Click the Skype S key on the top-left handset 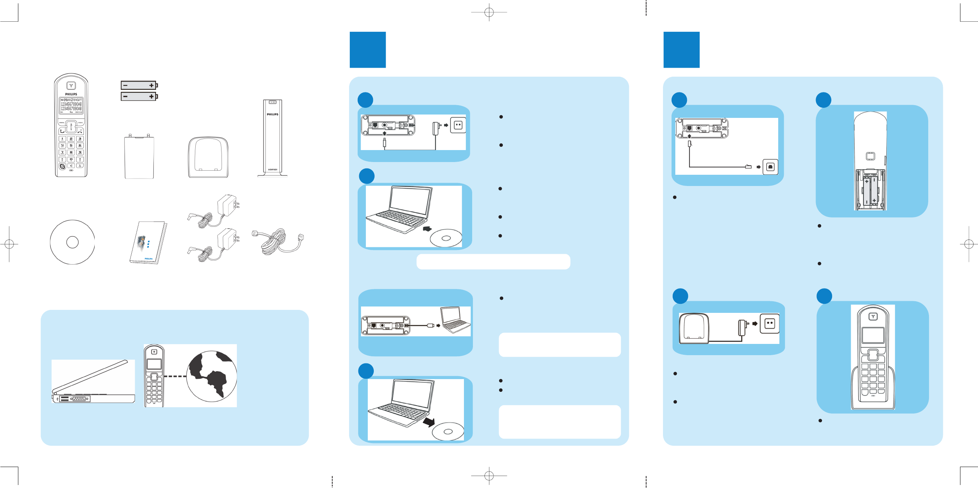tap(62, 166)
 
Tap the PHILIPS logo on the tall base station tap(272, 114)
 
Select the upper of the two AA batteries tap(138, 85)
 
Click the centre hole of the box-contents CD tap(72, 242)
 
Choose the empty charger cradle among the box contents tap(208, 158)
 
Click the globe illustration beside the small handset tap(211, 376)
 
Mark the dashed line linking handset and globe tap(175, 376)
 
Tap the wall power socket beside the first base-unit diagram tap(458, 125)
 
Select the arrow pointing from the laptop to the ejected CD tap(429, 421)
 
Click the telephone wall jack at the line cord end tap(770, 167)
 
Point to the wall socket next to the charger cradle tap(769, 323)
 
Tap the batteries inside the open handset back tap(870, 189)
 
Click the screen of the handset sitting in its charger tap(872, 335)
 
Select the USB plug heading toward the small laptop tap(430, 326)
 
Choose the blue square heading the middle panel tap(367, 50)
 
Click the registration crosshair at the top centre tap(489, 12)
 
